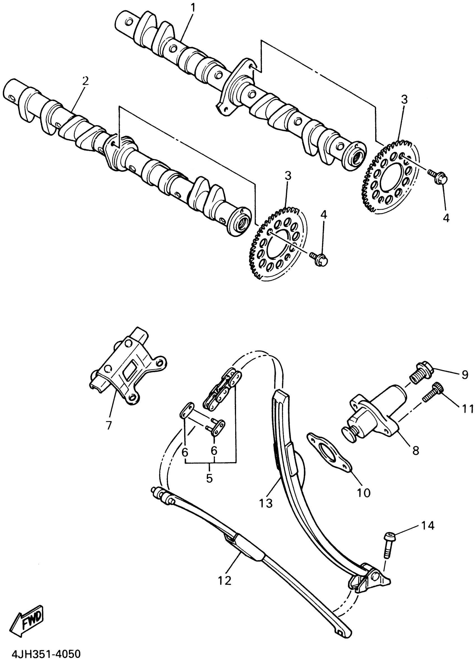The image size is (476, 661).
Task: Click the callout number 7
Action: pyautogui.click(x=109, y=426)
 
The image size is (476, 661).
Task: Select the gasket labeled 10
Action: pyautogui.click(x=329, y=454)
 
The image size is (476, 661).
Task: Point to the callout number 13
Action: pyautogui.click(x=266, y=503)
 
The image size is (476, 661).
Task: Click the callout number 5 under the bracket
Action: pyautogui.click(x=209, y=478)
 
